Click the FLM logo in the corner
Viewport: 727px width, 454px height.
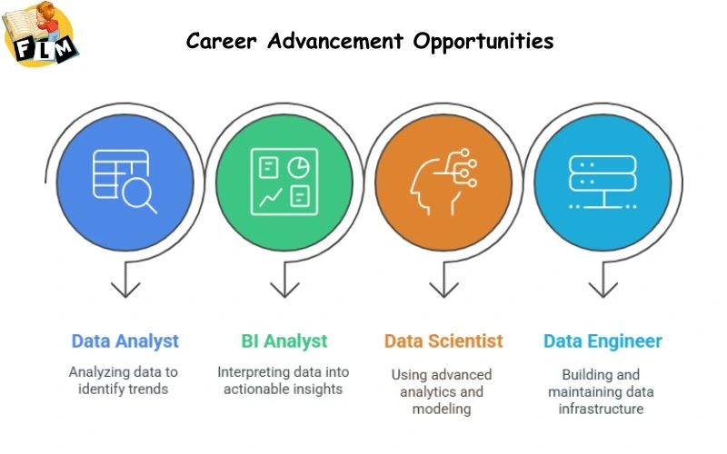41,35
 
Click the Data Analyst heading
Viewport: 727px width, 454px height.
125,341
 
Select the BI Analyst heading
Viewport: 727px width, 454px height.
284,341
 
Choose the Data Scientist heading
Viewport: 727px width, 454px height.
443,341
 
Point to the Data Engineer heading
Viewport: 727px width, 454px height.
603,341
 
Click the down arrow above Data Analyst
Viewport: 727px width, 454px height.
125,287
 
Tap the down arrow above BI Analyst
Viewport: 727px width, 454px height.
284,287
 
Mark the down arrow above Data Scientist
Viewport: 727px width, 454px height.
443,287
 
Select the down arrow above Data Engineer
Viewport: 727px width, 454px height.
602,287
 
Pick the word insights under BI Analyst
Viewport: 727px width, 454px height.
314,389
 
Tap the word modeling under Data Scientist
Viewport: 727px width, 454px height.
443,409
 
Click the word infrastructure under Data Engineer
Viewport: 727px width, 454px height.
602,409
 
